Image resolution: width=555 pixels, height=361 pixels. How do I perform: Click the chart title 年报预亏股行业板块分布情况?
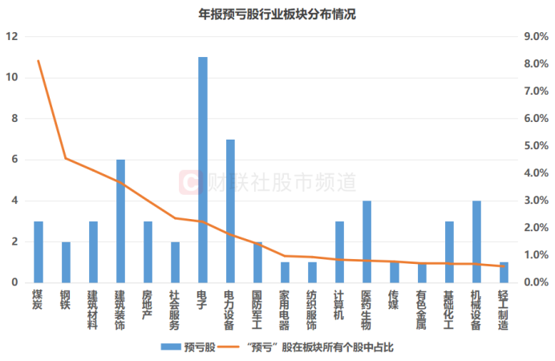point(277,14)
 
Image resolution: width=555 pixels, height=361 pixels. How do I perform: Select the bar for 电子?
point(203,170)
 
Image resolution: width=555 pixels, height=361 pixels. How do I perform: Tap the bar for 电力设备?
point(230,211)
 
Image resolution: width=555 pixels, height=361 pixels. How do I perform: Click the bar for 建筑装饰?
point(121,221)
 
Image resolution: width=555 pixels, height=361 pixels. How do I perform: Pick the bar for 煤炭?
point(38,252)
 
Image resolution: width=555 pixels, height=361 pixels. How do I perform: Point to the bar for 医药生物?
point(367,241)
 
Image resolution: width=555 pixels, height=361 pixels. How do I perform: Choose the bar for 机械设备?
point(476,241)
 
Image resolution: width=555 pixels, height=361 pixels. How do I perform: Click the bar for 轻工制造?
point(504,272)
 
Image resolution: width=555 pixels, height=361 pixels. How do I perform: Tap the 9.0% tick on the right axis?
point(534,37)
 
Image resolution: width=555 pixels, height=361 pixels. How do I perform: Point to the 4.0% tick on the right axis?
point(534,173)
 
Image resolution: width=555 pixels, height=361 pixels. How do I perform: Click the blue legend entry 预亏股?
point(189,347)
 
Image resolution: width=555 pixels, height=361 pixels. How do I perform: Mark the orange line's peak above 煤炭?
point(38,61)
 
